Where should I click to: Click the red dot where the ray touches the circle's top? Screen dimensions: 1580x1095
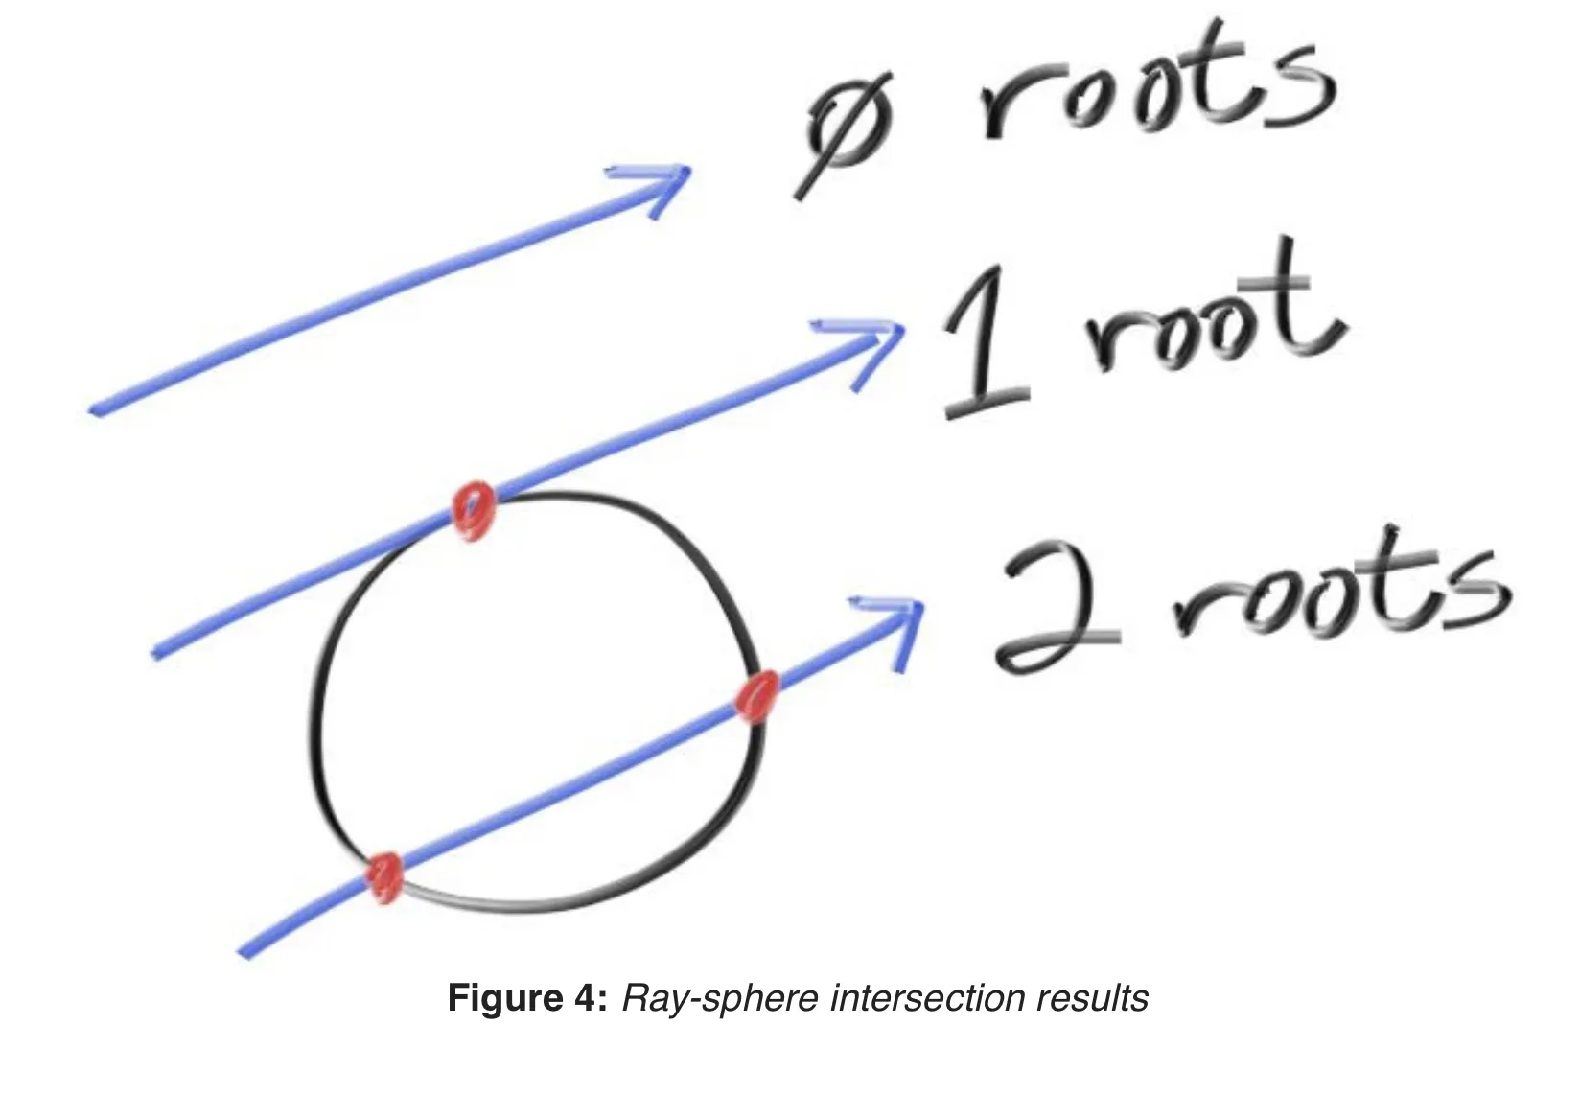[473, 511]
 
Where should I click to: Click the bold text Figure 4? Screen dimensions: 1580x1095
[527, 998]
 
